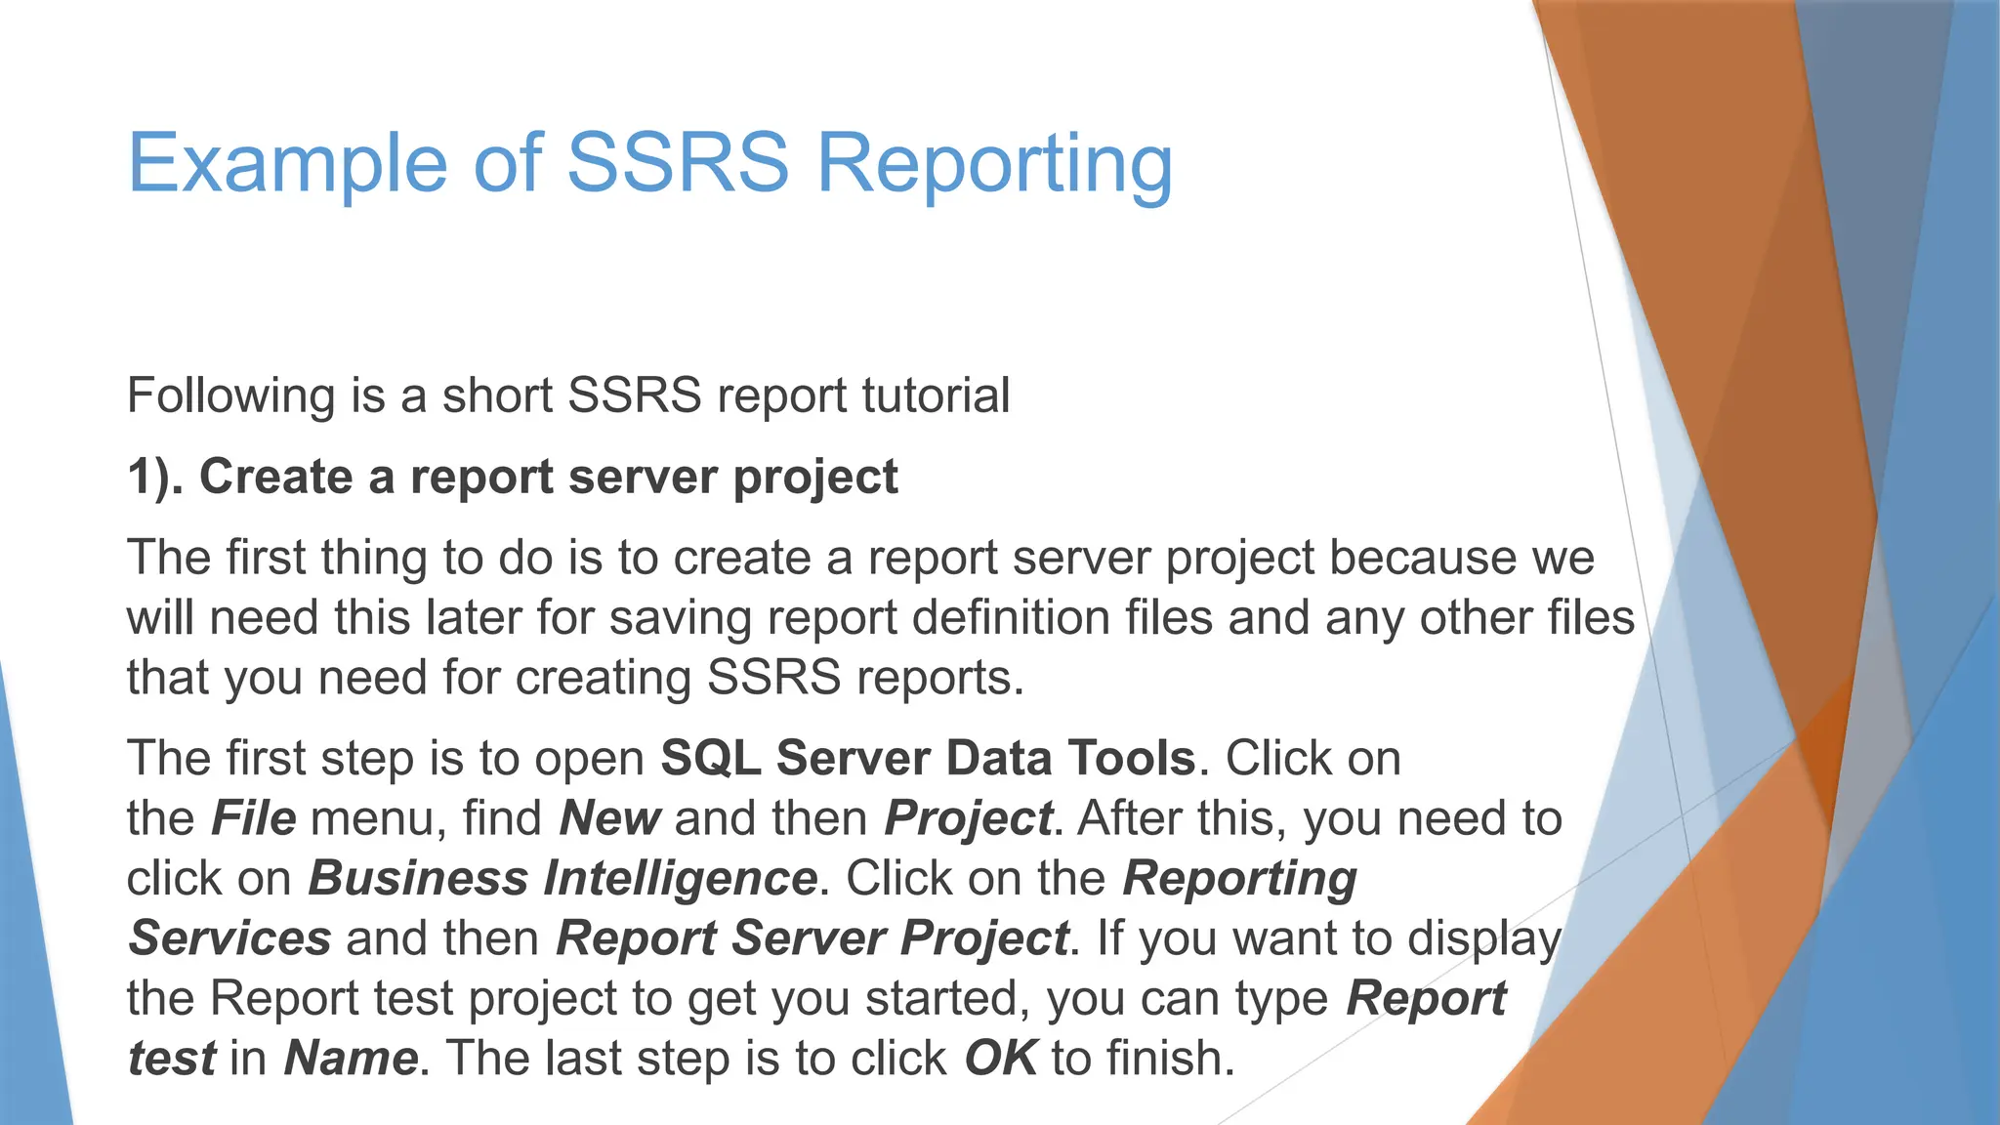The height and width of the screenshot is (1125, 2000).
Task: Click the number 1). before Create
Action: coord(155,478)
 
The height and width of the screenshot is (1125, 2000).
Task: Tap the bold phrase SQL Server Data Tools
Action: coord(928,759)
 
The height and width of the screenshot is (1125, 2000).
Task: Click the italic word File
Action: coord(253,818)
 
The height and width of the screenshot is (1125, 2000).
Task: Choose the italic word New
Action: coord(609,818)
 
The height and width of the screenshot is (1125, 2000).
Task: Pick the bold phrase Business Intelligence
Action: coord(562,879)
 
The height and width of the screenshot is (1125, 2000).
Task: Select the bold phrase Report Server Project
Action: coord(812,938)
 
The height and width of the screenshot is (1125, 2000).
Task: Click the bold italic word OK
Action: coord(1000,1059)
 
